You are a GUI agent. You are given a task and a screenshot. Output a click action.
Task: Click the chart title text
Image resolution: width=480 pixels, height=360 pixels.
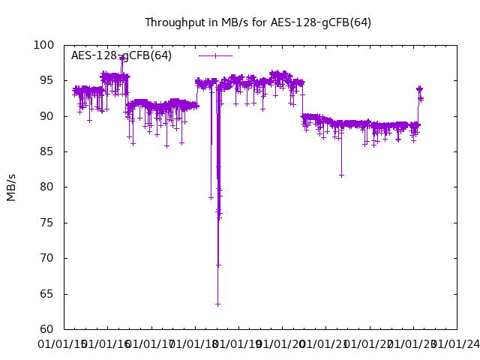257,22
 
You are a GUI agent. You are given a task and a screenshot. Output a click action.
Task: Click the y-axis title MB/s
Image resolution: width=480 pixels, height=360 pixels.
11,187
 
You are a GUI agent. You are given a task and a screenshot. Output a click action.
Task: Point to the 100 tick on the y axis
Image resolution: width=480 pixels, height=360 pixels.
43,45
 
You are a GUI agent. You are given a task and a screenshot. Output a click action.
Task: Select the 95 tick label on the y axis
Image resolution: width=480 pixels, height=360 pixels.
46,80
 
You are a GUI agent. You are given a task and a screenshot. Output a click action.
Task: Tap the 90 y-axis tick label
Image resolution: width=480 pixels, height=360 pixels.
46,116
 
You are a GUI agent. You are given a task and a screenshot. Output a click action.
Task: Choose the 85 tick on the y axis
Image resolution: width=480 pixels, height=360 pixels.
46,151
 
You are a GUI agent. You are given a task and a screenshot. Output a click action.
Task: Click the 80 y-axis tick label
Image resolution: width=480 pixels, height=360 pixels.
46,187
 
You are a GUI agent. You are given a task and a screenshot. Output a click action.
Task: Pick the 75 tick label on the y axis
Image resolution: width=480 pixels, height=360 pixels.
46,223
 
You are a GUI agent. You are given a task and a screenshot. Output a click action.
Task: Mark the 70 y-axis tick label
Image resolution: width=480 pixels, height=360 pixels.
46,258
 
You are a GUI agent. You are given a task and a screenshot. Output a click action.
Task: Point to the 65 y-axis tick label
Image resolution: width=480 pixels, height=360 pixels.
46,294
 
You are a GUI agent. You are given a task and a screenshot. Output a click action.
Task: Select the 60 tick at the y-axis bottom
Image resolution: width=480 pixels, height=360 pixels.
46,329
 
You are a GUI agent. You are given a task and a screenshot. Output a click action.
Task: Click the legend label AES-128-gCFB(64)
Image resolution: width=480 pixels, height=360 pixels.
121,55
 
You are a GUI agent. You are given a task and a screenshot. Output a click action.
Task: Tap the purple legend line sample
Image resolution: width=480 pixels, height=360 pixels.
216,55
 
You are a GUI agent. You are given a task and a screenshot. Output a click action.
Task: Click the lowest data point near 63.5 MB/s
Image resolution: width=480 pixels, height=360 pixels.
217,304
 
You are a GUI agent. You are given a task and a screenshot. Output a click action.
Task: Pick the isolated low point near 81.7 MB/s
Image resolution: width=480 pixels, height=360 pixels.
341,175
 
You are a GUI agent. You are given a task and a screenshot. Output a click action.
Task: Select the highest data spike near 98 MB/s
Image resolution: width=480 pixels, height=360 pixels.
121,58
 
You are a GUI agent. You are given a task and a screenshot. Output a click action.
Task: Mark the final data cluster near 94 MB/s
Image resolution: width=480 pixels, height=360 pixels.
419,89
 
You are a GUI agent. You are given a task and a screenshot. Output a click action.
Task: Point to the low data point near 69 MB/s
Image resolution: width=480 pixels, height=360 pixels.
218,265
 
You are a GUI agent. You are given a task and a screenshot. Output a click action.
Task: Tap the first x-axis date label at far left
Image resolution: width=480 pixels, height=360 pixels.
63,344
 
